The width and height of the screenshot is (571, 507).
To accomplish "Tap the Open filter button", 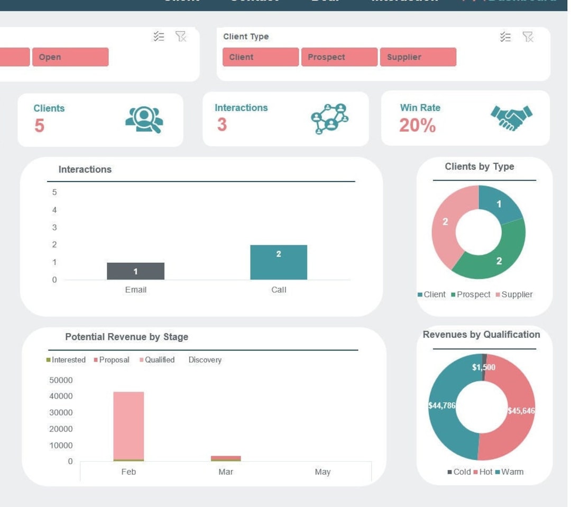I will pos(70,57).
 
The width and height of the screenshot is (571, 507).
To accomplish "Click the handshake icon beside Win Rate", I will pos(511,118).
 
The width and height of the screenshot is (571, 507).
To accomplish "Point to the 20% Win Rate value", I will pos(417,126).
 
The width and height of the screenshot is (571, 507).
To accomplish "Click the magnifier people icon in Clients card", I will pos(144,119).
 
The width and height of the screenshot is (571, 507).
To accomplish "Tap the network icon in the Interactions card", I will pos(329,119).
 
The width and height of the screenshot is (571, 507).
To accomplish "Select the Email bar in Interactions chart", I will pos(135,271).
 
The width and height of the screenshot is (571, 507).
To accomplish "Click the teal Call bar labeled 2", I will pos(279,262).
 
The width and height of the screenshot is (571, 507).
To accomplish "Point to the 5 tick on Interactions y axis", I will pos(54,192).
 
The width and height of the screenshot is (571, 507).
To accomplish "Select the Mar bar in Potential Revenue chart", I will pos(226,458).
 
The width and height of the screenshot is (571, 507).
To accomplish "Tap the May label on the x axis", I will pos(323,472).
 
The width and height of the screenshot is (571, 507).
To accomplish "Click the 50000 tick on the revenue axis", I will pos(61,380).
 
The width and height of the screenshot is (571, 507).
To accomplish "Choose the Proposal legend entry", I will pos(112,360).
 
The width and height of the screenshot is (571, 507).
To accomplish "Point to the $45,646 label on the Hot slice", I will pos(520,411).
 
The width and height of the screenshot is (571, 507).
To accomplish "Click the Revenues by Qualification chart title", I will pos(481,335).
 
